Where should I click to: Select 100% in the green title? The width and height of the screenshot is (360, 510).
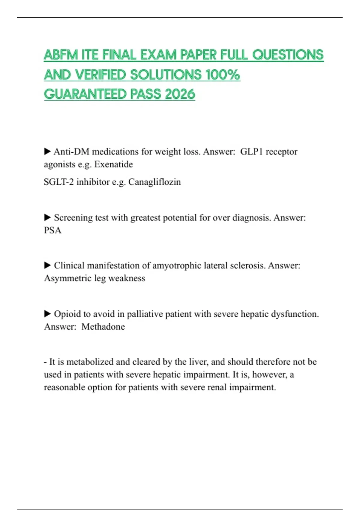point(223,75)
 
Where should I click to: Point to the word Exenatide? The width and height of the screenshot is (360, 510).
point(113,164)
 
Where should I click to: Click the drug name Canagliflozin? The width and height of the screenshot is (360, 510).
point(154,182)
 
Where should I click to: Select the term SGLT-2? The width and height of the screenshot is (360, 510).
point(58,182)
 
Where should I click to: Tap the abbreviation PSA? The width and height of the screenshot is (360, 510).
point(52,230)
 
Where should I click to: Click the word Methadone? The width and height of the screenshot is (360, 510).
point(103,327)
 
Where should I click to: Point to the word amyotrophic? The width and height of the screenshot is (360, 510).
point(177,265)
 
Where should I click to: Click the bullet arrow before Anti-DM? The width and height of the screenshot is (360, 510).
point(47,151)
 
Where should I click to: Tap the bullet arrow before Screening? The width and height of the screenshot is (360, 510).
point(47,217)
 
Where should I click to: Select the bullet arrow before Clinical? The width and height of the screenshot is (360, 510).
point(47,265)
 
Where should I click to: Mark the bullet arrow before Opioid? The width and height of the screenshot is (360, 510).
point(47,314)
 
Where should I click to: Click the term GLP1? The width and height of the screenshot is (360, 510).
point(252,152)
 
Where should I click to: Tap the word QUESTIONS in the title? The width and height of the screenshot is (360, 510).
point(288,55)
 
